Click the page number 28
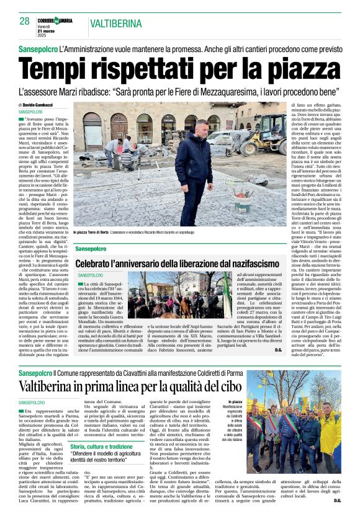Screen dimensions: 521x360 24,21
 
